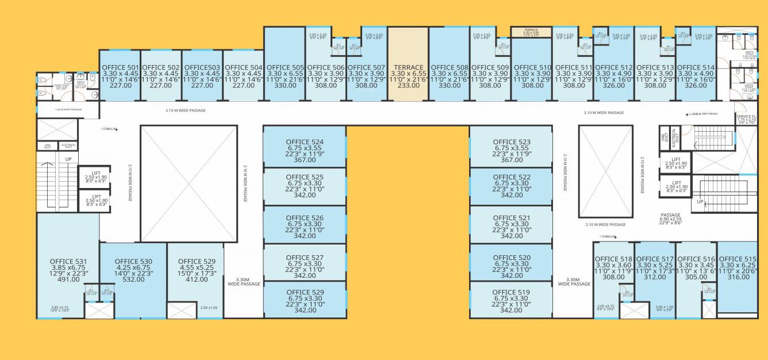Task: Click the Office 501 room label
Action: click(120, 67)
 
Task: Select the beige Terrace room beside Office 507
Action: click(408, 63)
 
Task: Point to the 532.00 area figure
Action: click(133, 280)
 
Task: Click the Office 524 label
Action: click(305, 142)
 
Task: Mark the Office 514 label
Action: click(696, 67)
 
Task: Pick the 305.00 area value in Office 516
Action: click(696, 277)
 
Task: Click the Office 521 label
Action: click(512, 218)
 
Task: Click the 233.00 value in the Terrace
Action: click(408, 85)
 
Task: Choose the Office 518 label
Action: click(613, 259)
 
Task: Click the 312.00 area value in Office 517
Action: click(655, 277)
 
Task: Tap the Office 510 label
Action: click(532, 67)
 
